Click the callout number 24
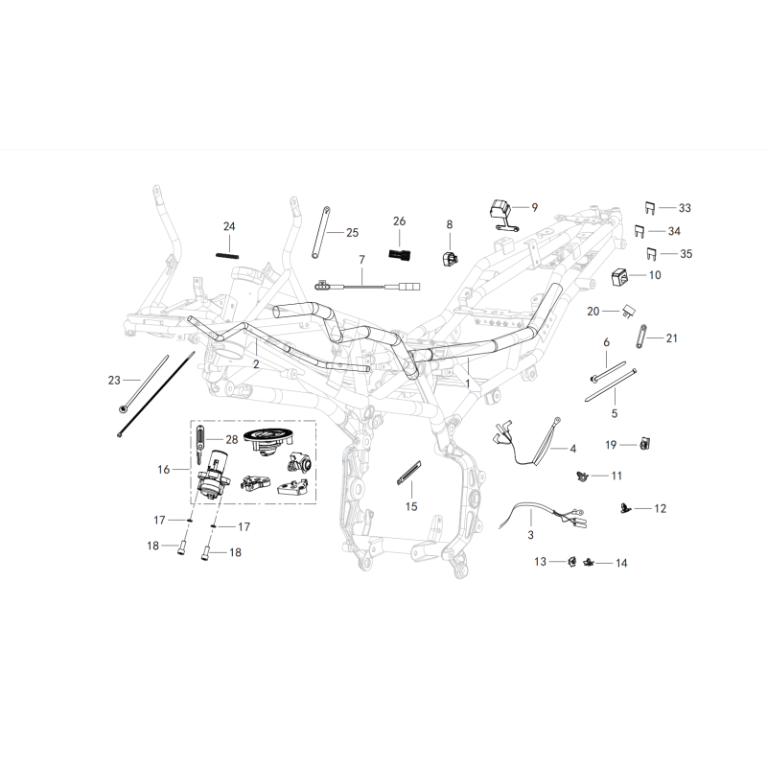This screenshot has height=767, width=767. pyautogui.click(x=229, y=226)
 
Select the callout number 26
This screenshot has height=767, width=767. pyautogui.click(x=400, y=221)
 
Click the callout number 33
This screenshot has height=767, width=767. pyautogui.click(x=684, y=208)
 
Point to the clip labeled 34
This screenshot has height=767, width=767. pyautogui.click(x=638, y=230)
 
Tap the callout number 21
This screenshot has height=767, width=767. pyautogui.click(x=671, y=337)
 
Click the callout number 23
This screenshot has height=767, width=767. pyautogui.click(x=115, y=381)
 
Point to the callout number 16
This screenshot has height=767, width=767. pyautogui.click(x=163, y=470)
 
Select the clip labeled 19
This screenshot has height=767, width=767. pyautogui.click(x=644, y=443)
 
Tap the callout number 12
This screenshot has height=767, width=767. pyautogui.click(x=661, y=507)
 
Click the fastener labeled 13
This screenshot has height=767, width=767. pyautogui.click(x=569, y=560)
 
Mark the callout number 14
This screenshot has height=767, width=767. pyautogui.click(x=621, y=563)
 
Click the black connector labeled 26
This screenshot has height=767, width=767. pyautogui.click(x=400, y=255)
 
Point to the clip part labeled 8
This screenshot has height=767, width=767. pyautogui.click(x=449, y=257)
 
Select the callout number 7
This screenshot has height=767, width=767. pyautogui.click(x=362, y=260)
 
